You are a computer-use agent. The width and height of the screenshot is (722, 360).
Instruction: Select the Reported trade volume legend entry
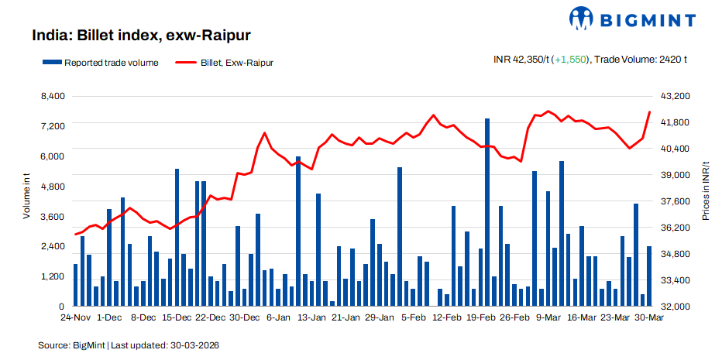tap(101, 63)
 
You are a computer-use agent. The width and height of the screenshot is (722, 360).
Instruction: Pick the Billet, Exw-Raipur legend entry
tap(224, 63)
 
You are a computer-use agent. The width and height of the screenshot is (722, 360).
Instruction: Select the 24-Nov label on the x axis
tap(76, 317)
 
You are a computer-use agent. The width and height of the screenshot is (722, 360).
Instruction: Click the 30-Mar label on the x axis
tap(649, 317)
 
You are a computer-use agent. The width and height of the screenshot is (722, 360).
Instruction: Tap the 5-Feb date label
tap(412, 317)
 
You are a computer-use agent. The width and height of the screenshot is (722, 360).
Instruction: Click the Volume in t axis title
tap(26, 197)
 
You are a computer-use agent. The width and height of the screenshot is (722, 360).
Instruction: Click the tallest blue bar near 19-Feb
tap(487, 212)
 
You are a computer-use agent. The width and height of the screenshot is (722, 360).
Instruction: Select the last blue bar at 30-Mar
tap(649, 276)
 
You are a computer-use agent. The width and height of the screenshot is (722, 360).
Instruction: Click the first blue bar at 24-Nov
tap(76, 285)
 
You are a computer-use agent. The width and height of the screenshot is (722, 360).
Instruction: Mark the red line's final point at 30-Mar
tap(649, 112)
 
